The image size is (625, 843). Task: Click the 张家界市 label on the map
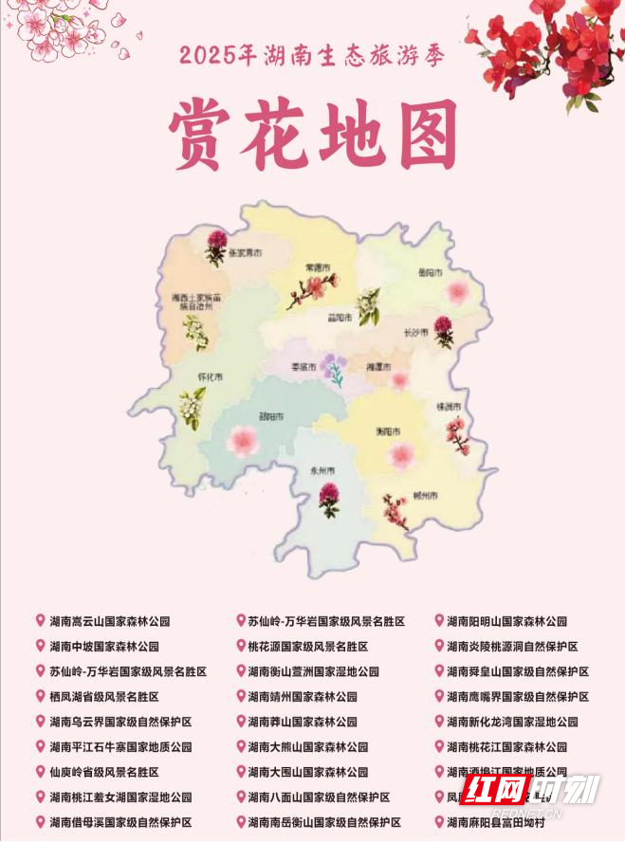pyautogui.click(x=241, y=253)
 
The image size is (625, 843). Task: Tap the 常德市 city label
pyautogui.click(x=317, y=268)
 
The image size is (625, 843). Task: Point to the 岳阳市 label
pyautogui.click(x=430, y=272)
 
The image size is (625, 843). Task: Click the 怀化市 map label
pyautogui.click(x=210, y=376)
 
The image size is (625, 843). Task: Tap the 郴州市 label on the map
pyautogui.click(x=425, y=496)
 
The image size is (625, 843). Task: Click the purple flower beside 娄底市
pyautogui.click(x=334, y=369)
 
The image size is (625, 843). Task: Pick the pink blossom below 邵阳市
pyautogui.click(x=247, y=439)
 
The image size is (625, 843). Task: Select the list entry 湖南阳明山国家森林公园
pyautogui.click(x=506, y=622)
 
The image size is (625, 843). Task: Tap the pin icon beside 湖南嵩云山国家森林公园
pyautogui.click(x=40, y=621)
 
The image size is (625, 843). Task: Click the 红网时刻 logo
pyautogui.click(x=531, y=790)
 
